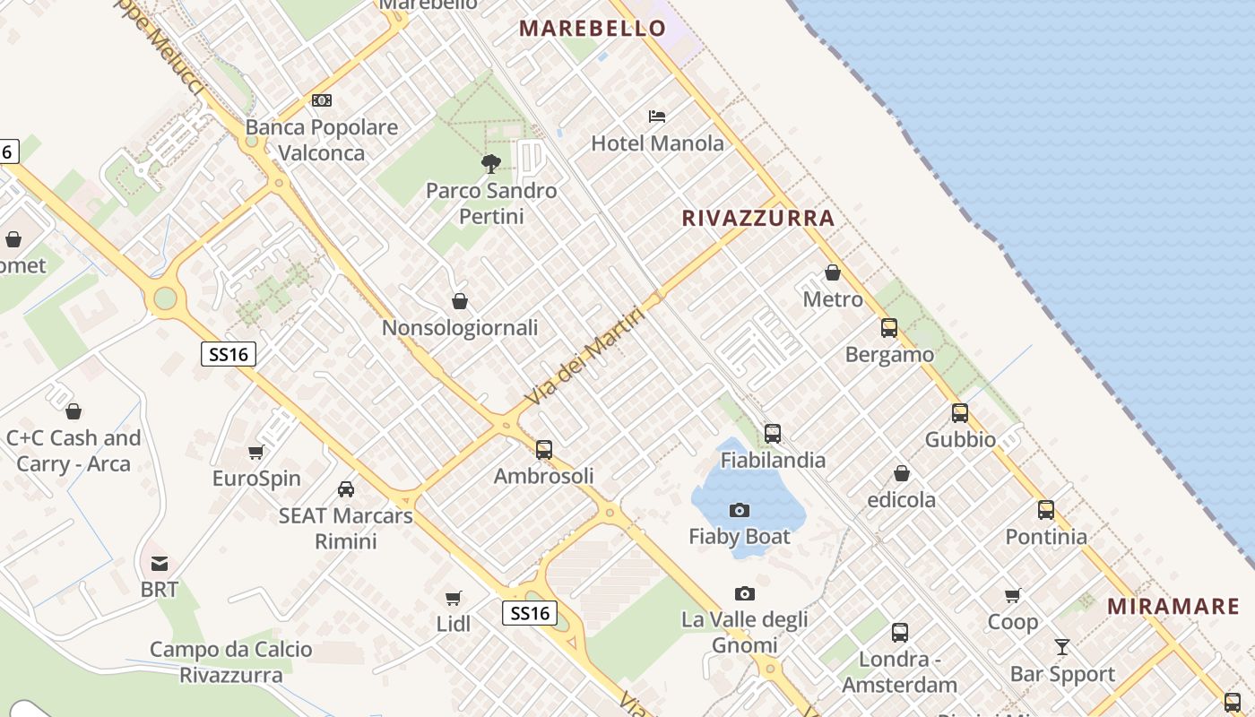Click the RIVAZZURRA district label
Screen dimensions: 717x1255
(758, 218)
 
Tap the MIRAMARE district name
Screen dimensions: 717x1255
(1173, 606)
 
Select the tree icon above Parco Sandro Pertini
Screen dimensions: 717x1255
(490, 164)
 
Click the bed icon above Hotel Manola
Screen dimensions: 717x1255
(657, 117)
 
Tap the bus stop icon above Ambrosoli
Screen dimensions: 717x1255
(544, 450)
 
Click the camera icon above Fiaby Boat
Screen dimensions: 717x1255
(740, 511)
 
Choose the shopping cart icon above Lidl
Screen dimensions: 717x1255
(454, 598)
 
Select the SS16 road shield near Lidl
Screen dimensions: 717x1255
(529, 613)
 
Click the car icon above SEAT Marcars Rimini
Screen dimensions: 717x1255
(346, 489)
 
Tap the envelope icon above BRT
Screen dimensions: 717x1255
(160, 564)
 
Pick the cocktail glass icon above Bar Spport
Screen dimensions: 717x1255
(1062, 647)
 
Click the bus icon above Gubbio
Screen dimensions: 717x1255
(960, 413)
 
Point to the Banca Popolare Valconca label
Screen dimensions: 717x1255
(322, 140)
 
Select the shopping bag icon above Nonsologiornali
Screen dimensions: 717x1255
(460, 301)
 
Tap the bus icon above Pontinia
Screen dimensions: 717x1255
(1046, 510)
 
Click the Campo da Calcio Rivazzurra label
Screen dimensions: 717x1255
(231, 662)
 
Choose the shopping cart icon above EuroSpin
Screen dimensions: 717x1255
(256, 453)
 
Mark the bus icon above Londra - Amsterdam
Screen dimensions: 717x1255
(900, 633)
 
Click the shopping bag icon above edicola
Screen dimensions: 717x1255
(902, 473)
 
